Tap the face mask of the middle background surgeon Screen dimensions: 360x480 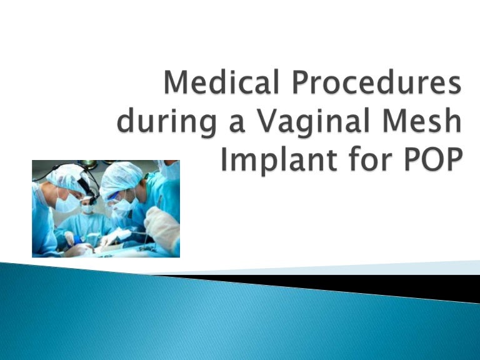[88, 209]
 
